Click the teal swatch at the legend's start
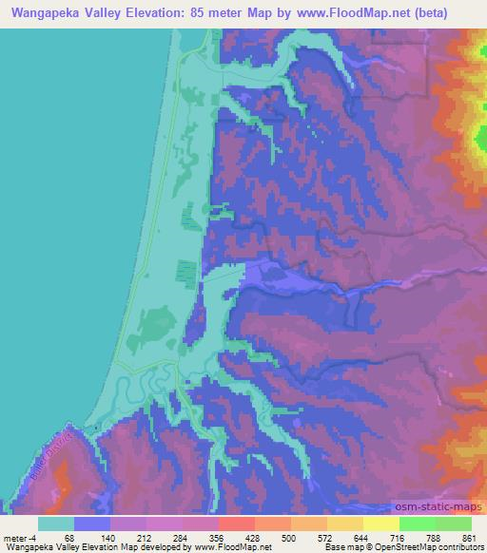click(56, 523)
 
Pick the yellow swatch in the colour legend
click(381, 523)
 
